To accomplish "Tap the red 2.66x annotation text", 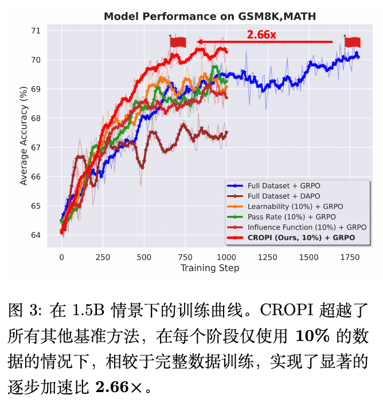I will pyautogui.click(x=261, y=35).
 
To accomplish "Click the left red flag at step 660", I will pyautogui.click(x=177, y=41).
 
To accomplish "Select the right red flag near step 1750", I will pyautogui.click(x=351, y=41).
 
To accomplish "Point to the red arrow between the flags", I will pyautogui.click(x=264, y=41).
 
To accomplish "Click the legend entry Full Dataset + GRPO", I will pyautogui.click(x=283, y=185).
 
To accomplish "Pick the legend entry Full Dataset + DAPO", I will pyautogui.click(x=283, y=196).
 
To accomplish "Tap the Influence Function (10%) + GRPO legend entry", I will pyautogui.click(x=306, y=227).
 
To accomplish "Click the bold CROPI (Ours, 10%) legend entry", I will pyautogui.click(x=301, y=237).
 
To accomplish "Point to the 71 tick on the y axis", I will pyautogui.click(x=36, y=30).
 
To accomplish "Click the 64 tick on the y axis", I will pyautogui.click(x=36, y=235).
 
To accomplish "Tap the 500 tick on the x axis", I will pyautogui.click(x=144, y=258).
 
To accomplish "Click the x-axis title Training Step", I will pyautogui.click(x=209, y=268).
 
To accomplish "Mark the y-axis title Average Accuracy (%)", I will pyautogui.click(x=24, y=135).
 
